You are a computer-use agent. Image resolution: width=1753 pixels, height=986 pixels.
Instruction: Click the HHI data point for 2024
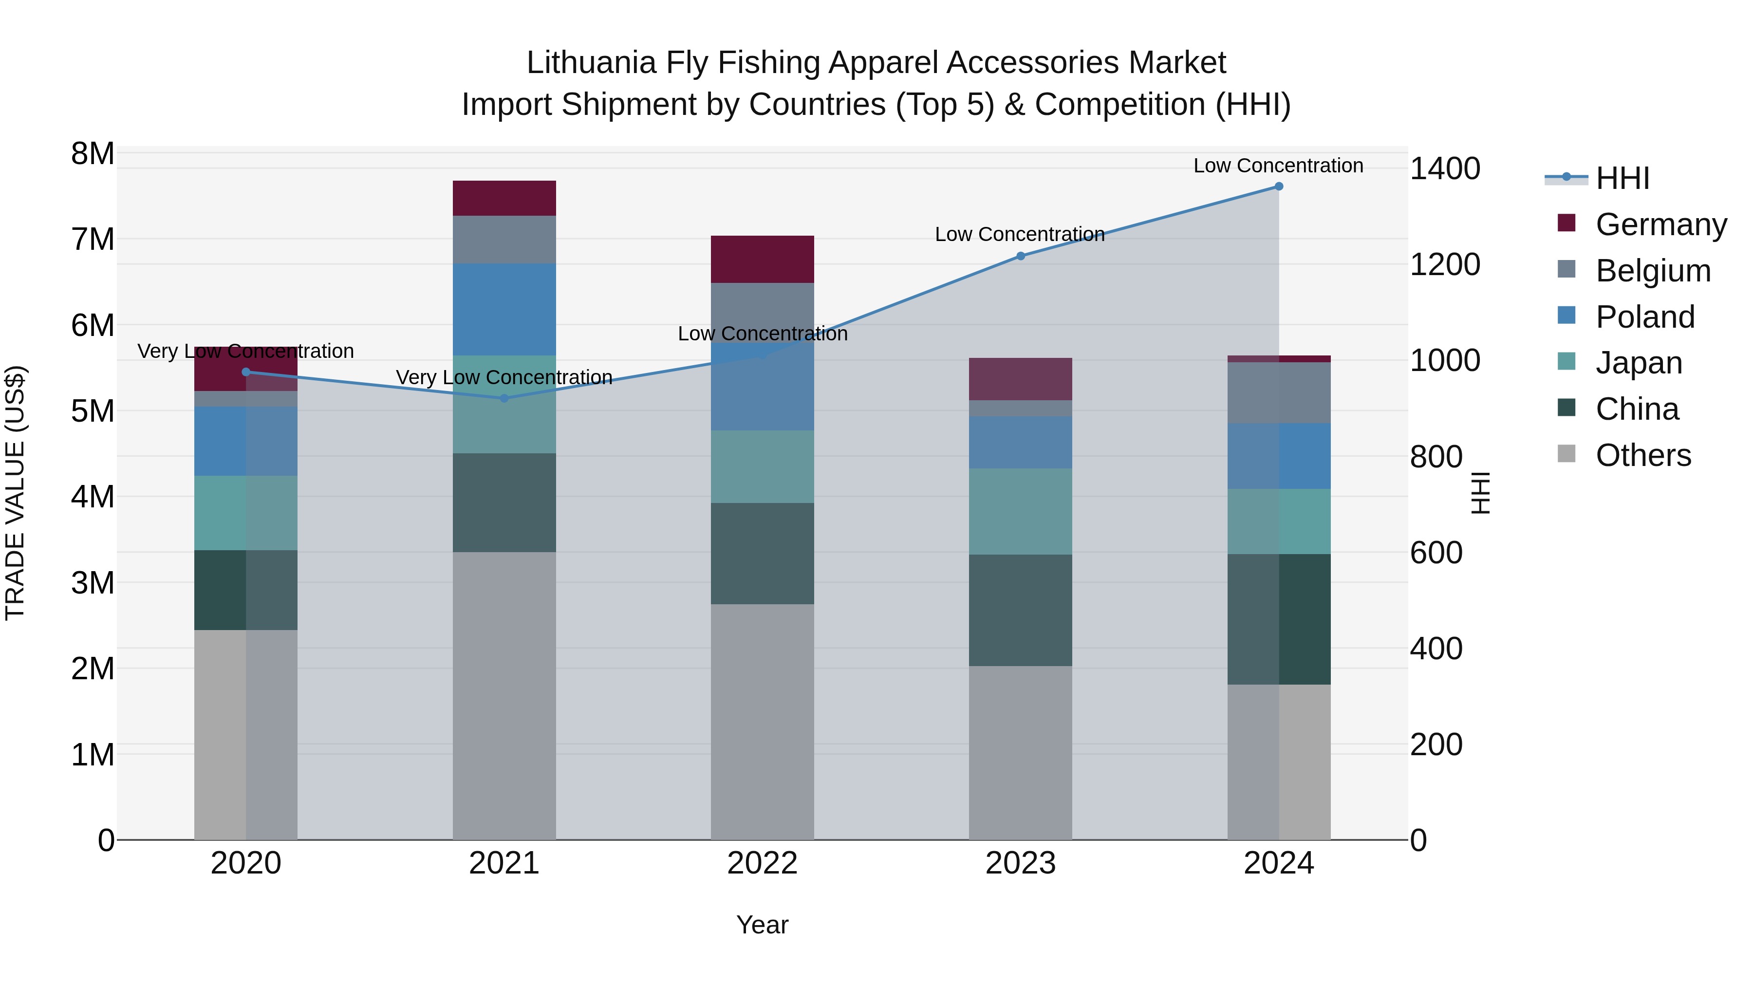click(1279, 186)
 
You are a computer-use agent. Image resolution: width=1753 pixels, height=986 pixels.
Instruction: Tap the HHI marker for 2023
click(1020, 256)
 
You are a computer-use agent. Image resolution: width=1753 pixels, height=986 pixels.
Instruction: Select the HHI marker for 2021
click(504, 398)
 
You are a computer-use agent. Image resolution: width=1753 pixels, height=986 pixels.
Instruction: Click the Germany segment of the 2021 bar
click(504, 198)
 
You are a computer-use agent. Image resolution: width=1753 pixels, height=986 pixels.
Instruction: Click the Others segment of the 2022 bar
click(762, 721)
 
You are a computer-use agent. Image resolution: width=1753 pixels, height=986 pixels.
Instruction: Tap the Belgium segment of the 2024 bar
click(1279, 392)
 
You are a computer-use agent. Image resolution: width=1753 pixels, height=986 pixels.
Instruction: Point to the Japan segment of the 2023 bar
click(1020, 511)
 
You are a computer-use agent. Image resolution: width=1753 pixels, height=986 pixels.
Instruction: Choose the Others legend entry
click(1643, 455)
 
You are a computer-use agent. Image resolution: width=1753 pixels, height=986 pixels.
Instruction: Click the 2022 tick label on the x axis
click(762, 863)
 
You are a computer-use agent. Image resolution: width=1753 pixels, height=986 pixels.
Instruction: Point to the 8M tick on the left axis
click(93, 154)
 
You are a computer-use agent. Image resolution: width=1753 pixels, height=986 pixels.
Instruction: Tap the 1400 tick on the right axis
click(1445, 169)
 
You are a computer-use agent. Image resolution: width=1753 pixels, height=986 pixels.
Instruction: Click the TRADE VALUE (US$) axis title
click(15, 493)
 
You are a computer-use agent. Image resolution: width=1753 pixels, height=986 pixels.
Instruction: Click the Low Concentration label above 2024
click(1278, 166)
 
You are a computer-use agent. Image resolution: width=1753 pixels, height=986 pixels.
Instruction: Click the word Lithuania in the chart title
click(591, 63)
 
